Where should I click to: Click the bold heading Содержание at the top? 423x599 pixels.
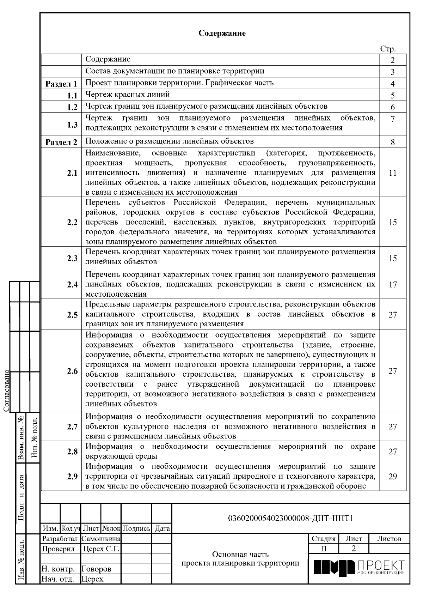pos(222,34)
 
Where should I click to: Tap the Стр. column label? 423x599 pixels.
pos(388,49)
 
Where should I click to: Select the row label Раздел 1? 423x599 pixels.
pos(61,84)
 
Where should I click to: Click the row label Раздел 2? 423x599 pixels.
pos(61,143)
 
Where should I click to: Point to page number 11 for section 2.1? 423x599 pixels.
pos(393,173)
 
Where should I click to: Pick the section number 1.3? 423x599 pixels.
pos(72,125)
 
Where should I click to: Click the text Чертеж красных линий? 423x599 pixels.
pos(128,95)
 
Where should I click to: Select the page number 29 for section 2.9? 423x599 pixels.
pos(393,477)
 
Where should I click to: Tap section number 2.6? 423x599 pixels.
pos(72,371)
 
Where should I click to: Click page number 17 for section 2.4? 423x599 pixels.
pos(393,284)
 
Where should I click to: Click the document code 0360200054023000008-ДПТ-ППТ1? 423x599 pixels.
pos(291,518)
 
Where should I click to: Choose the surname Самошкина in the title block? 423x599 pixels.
pos(101,539)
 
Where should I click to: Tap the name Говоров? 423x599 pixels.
pos(96,569)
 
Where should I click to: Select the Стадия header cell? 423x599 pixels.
pos(323,539)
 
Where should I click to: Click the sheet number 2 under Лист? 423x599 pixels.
pos(354,549)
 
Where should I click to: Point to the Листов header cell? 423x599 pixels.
pos(389,539)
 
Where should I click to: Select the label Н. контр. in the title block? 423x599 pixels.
pos(58,569)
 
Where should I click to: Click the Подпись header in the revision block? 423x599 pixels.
pos(136,528)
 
